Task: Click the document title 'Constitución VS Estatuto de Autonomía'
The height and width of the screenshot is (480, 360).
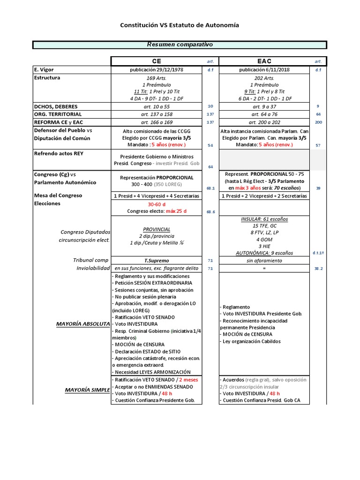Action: click(180, 25)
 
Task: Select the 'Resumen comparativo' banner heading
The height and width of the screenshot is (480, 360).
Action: click(180, 45)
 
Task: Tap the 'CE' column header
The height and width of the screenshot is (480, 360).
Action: click(156, 61)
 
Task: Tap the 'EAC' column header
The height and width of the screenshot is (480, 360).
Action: click(264, 61)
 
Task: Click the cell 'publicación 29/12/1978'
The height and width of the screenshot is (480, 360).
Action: click(156, 70)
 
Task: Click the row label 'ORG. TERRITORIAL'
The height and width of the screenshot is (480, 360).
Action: click(58, 114)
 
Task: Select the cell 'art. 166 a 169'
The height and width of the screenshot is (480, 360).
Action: click(156, 122)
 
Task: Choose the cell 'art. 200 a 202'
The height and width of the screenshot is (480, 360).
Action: click(264, 122)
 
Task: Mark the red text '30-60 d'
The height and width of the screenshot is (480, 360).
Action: click(157, 204)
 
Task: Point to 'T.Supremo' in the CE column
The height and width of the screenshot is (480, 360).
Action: click(157, 260)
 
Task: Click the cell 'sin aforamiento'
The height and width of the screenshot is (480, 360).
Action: click(264, 260)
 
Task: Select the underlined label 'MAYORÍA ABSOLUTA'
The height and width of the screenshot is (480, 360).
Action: click(83, 324)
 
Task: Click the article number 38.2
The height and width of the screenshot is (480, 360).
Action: click(318, 269)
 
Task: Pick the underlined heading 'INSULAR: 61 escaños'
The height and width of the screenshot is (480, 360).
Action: click(264, 219)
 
